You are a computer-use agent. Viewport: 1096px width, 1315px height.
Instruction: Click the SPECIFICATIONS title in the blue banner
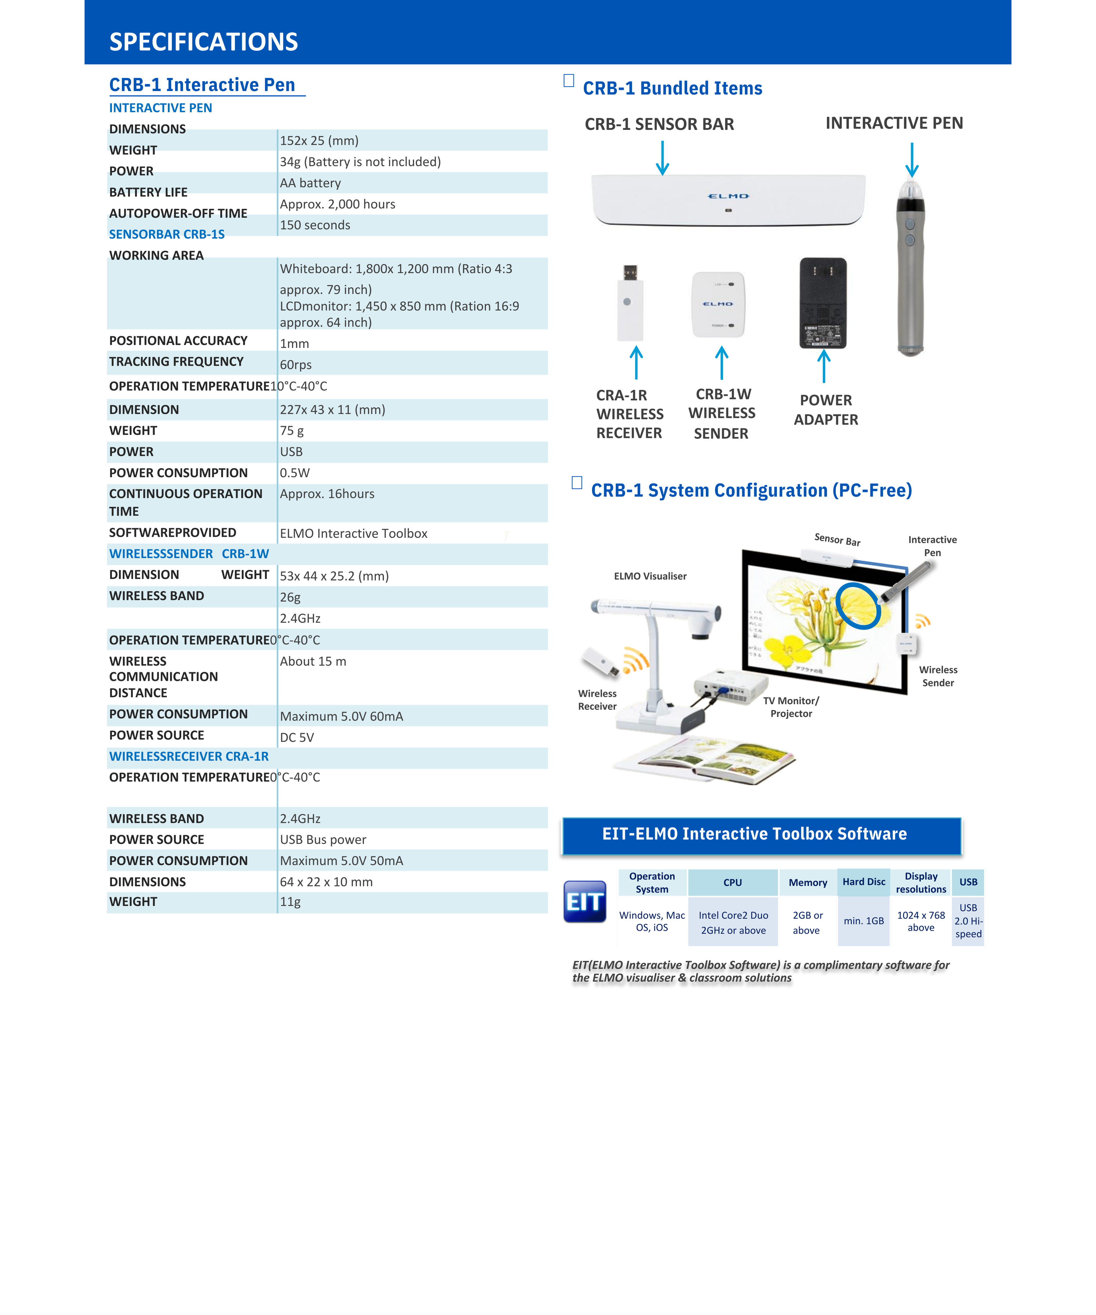pyautogui.click(x=204, y=42)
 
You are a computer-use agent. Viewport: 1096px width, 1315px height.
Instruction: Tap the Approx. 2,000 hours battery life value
pyautogui.click(x=338, y=204)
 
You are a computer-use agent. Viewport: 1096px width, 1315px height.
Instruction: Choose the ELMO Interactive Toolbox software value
pyautogui.click(x=353, y=534)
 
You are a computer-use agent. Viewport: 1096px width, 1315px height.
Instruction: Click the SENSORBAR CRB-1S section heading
pyautogui.click(x=166, y=234)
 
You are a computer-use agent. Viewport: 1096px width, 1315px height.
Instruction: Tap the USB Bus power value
pyautogui.click(x=323, y=840)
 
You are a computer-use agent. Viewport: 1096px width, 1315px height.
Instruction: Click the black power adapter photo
pyautogui.click(x=823, y=303)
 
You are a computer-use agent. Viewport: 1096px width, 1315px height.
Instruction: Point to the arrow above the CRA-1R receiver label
pyautogui.click(x=636, y=362)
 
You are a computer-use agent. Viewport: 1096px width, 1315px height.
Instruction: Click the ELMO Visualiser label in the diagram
pyautogui.click(x=650, y=576)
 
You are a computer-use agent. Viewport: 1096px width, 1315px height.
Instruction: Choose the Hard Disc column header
pyautogui.click(x=864, y=882)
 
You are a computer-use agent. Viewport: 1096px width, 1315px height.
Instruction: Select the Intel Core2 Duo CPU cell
pyautogui.click(x=733, y=922)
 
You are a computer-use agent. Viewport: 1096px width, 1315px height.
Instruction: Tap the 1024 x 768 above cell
pyautogui.click(x=921, y=921)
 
